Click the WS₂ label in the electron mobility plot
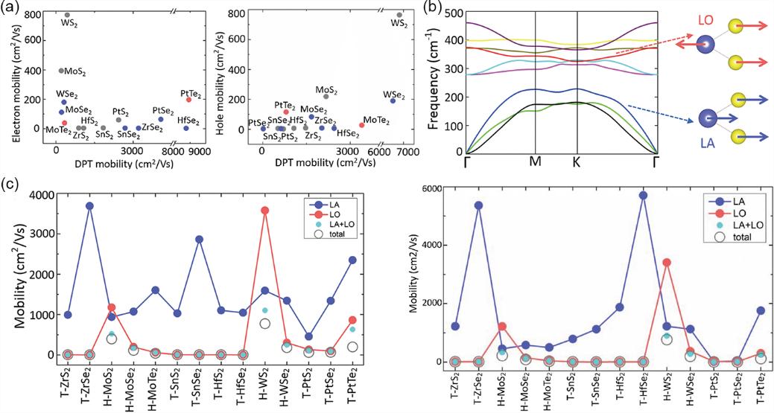coord(67,25)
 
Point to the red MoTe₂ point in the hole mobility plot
coord(362,125)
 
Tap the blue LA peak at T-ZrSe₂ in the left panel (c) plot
coord(89,205)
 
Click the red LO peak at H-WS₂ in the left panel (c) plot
coord(265,211)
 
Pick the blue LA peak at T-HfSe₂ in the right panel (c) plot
coord(643,195)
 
